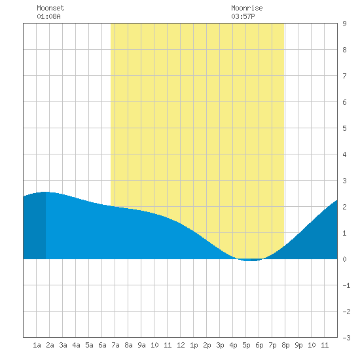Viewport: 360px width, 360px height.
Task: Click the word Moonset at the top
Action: tap(50, 8)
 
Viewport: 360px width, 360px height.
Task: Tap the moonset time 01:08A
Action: tap(48, 16)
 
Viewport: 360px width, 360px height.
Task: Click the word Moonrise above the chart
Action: tap(247, 8)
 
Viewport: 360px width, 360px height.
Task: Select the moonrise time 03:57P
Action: tap(243, 16)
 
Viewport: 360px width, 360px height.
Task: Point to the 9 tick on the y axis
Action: tap(344, 24)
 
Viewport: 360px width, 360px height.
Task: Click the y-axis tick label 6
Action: tap(344, 102)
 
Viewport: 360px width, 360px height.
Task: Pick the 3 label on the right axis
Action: tap(344, 181)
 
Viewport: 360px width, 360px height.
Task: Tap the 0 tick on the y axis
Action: tap(344, 259)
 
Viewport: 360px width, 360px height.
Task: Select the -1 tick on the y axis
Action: tap(346, 285)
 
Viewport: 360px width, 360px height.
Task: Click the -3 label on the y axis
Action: tap(346, 338)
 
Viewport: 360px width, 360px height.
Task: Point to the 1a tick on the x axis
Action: tap(37, 345)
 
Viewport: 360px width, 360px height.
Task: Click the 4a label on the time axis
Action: tap(76, 345)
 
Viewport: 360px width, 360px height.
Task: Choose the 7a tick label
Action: tap(115, 345)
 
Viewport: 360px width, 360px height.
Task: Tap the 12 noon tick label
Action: tap(181, 345)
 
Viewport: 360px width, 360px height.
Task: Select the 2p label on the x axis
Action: tap(207, 345)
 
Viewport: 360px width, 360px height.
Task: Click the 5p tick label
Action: tap(246, 345)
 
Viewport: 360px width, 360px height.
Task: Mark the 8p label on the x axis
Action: tap(285, 345)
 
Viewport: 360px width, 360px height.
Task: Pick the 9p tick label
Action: tap(298, 345)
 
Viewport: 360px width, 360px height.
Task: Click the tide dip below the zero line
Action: tap(251, 260)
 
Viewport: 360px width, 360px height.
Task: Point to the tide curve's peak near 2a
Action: tap(46, 192)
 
